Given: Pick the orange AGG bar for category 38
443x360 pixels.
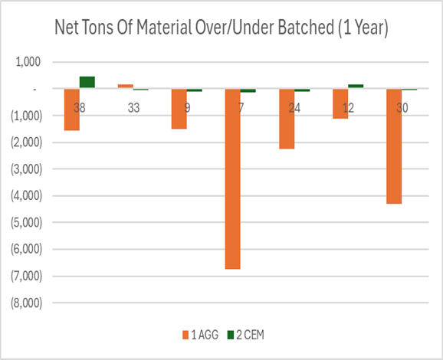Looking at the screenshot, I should coord(72,110).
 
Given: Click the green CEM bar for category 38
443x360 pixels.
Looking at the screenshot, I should coord(87,82).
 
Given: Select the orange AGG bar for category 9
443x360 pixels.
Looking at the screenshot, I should coord(179,109).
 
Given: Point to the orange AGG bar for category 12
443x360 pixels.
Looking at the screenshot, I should coord(340,103).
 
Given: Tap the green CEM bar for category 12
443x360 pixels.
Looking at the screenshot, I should coord(356,86).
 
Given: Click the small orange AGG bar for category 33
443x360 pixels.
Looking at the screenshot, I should coord(125,86).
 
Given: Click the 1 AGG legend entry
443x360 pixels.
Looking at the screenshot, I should coord(200,334).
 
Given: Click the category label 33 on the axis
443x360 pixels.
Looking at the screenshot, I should coord(133,108).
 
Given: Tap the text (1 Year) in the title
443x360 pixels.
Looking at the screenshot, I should coord(358,28).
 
